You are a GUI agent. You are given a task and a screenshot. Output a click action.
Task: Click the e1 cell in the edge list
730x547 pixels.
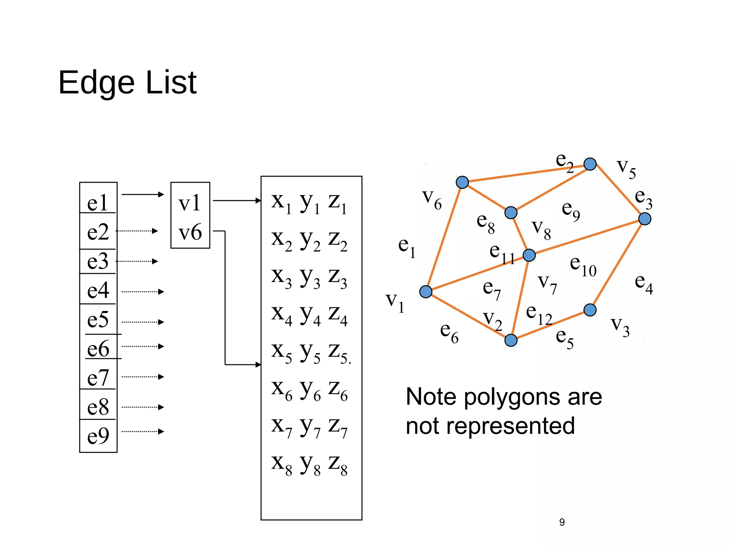tap(98, 202)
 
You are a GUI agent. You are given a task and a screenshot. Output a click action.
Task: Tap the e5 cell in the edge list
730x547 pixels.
tap(98, 319)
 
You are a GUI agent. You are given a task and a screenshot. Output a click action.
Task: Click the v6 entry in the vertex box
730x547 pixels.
tap(190, 232)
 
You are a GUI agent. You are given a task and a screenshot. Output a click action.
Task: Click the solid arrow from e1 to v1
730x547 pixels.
tap(143, 194)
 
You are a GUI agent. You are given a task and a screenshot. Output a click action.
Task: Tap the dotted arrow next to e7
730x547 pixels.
tap(143, 377)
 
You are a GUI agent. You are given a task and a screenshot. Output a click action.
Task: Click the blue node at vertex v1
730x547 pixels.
tap(426, 292)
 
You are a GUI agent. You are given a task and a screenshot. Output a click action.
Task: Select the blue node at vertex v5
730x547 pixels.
tap(590, 164)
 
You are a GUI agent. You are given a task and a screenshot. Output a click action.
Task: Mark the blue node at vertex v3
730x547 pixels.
tap(590, 310)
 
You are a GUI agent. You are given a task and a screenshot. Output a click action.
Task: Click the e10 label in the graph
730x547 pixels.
tap(583, 266)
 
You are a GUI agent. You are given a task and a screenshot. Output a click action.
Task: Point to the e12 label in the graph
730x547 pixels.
tap(539, 314)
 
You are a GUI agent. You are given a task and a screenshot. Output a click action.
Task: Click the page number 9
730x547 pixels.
tap(562, 522)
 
